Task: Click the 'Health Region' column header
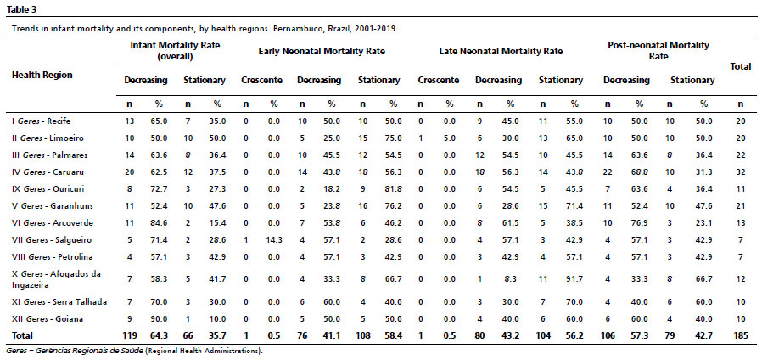tap(42, 75)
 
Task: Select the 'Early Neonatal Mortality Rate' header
tap(322, 51)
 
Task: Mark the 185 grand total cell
tap(740, 335)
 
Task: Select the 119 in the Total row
tap(131, 335)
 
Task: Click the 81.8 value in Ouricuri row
tap(393, 188)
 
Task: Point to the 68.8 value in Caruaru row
tap(640, 172)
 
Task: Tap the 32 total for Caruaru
tap(740, 172)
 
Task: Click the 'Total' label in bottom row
tap(22, 335)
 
